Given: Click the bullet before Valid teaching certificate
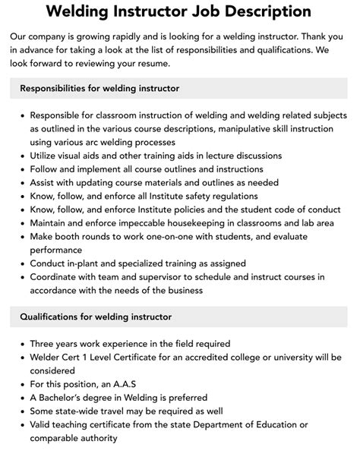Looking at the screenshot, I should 19,424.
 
